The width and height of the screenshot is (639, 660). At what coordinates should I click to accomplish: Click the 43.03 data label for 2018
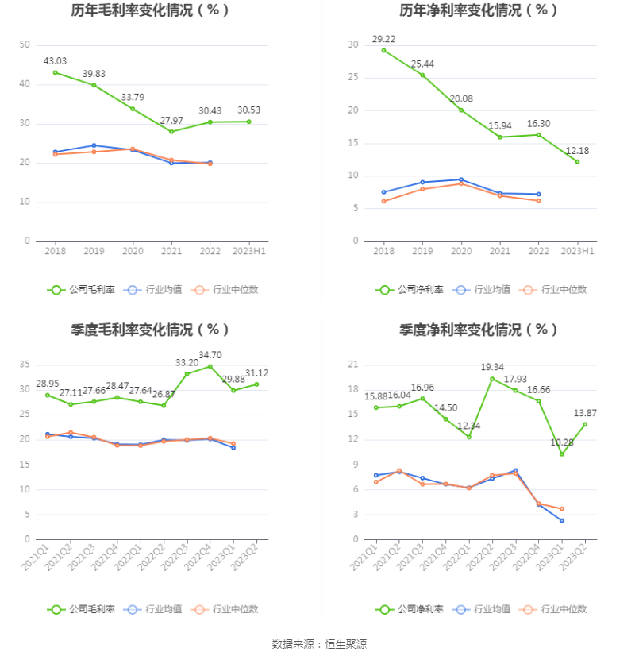coord(55,60)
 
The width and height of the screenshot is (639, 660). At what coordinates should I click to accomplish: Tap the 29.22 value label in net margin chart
coord(383,38)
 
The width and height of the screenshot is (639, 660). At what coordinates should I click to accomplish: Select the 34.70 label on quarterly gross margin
coord(210,354)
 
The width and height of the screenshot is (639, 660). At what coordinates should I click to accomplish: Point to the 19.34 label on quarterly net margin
coord(492,367)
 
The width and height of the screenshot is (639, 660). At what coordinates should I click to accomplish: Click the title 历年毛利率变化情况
coord(150,10)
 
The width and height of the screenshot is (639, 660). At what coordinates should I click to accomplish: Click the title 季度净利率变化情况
coord(479,329)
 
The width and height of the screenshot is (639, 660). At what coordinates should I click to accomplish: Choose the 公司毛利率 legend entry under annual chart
coord(81,290)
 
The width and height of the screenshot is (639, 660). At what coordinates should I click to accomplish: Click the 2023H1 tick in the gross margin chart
coord(249,251)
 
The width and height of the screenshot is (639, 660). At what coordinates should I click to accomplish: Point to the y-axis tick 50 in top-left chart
coord(25,44)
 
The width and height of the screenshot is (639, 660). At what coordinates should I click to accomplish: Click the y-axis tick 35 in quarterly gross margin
coord(25,365)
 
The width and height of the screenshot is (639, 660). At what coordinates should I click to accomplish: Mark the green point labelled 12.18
coord(577,162)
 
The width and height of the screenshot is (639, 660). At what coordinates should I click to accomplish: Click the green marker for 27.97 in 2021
coord(171,132)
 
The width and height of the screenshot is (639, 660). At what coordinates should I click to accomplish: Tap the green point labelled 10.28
coord(562,454)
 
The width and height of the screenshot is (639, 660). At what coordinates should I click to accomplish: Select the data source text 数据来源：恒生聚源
coord(319,644)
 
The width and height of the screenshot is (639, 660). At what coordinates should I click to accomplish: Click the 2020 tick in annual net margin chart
coord(461,251)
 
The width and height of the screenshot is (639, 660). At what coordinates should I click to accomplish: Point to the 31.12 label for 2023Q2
coord(256,373)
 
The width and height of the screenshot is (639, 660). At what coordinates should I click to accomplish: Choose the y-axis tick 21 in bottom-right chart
coord(353,365)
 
